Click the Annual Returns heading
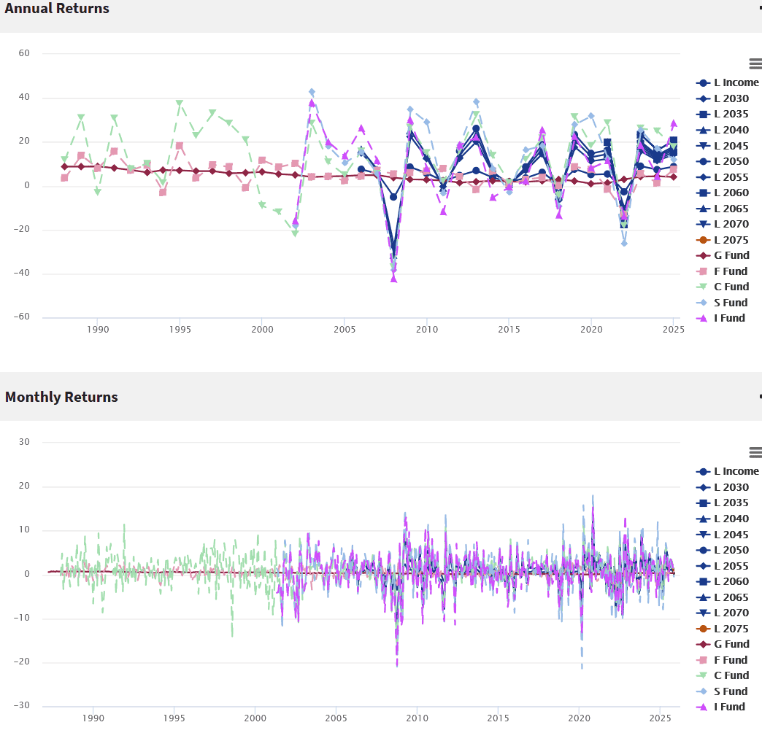[x=57, y=8]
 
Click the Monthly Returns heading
[x=61, y=397]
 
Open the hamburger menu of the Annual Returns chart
[x=755, y=63]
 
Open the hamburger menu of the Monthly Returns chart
[x=755, y=452]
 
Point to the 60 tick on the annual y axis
[x=24, y=53]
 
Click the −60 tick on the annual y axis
[x=22, y=317]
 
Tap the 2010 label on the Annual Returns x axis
[x=427, y=330]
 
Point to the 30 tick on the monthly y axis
[x=24, y=441]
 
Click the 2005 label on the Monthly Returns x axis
[x=336, y=718]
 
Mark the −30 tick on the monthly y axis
[x=22, y=705]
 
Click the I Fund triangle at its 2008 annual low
[x=393, y=279]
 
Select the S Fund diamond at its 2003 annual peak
[x=312, y=92]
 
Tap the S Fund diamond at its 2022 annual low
[x=625, y=244]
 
